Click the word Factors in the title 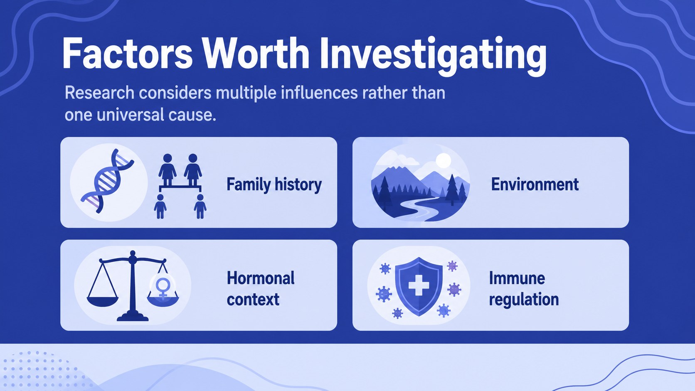[127, 53]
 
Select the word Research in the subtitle [99, 93]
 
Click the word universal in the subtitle [131, 115]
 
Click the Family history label [274, 185]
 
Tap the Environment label [535, 184]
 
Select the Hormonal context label [260, 289]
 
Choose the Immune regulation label [523, 289]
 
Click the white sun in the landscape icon [444, 161]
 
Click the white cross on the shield [419, 285]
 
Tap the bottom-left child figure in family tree [160, 206]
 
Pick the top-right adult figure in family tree [193, 170]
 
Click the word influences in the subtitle [319, 93]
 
